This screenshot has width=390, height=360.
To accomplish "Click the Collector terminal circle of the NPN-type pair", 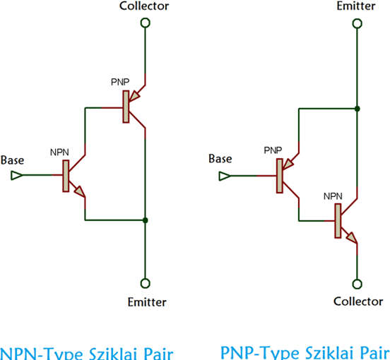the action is point(146,23).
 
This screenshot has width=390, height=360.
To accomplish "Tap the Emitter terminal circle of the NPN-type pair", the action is point(146,283).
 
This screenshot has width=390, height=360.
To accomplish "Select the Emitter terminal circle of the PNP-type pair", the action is point(357,23).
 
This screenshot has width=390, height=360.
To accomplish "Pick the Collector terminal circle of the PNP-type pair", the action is point(357,284).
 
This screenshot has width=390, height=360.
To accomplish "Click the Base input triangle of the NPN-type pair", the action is point(16,175).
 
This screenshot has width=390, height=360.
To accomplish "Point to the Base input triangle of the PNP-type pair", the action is point(225,176).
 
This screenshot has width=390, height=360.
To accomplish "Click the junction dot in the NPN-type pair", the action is point(146,220).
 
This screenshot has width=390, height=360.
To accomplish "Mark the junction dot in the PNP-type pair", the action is point(357,109).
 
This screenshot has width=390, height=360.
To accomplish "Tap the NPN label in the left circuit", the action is point(59,152).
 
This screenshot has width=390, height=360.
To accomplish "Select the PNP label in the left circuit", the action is point(120,82).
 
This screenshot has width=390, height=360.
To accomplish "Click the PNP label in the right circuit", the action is point(273,150).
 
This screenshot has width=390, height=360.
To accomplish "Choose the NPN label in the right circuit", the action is point(333,196).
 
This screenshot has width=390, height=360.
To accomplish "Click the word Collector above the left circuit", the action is point(144,6).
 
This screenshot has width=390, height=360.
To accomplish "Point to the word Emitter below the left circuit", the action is point(147,302).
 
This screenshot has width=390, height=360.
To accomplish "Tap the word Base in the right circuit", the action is point(220,159).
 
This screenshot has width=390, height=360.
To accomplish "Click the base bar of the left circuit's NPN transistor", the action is point(66,176).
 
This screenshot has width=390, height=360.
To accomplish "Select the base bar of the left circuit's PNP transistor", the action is point(126,107).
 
